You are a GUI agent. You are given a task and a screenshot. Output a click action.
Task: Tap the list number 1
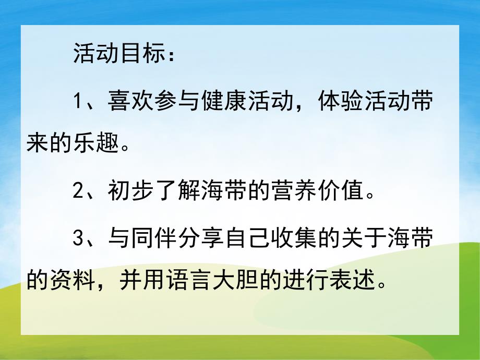point(78,101)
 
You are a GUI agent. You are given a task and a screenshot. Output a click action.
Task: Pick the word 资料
point(75,282)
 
